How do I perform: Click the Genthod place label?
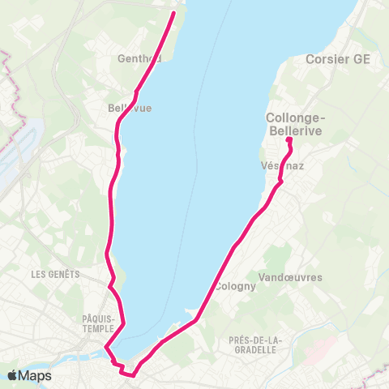tap(139, 58)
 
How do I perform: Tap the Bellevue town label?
tap(130, 107)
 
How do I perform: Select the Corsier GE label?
tap(336, 59)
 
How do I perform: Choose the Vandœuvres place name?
tap(289, 277)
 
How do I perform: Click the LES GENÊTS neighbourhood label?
tap(55, 274)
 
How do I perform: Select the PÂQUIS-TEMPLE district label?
tap(102, 323)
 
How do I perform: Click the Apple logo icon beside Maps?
tap(13, 375)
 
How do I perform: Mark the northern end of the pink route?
tap(174, 13)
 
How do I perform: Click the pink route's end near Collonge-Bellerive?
tap(289, 140)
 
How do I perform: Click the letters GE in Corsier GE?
tap(364, 59)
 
